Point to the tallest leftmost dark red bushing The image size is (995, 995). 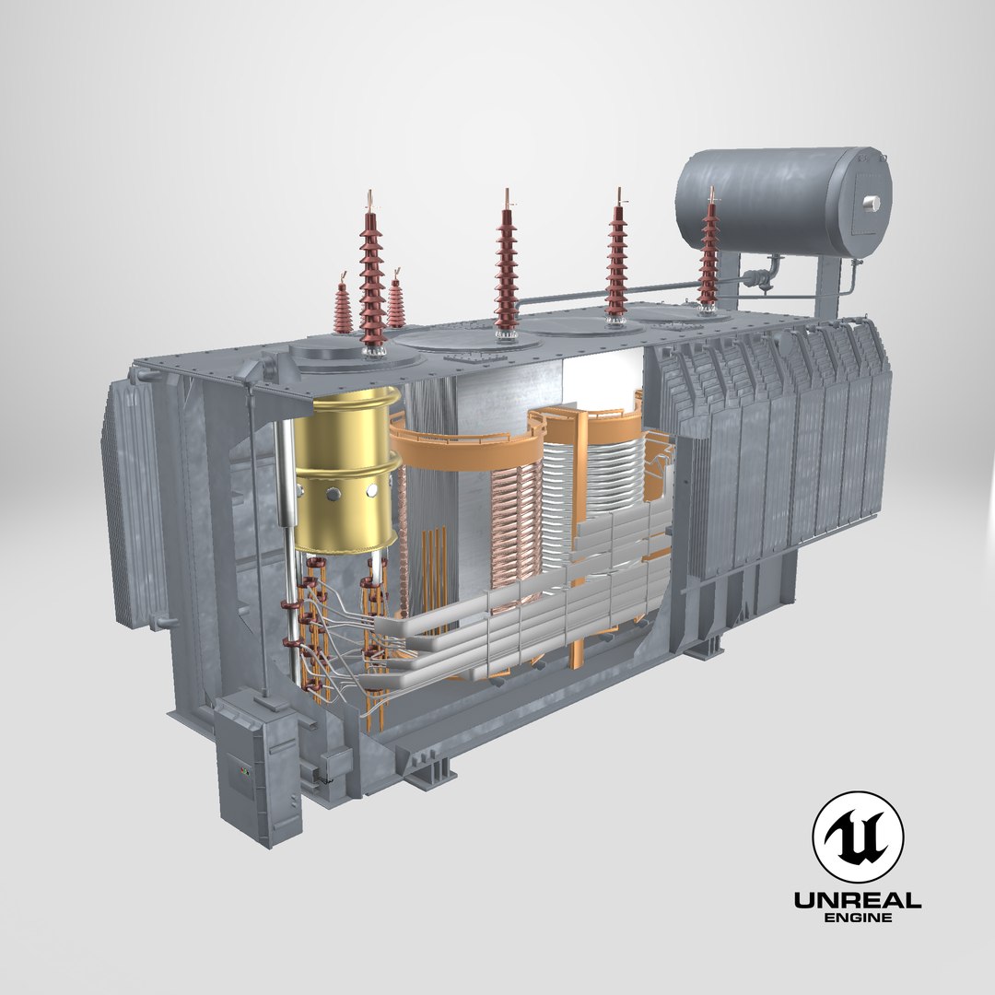click(x=372, y=276)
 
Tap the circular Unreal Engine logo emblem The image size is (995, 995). click(x=857, y=837)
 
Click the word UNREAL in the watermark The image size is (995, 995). click(x=857, y=901)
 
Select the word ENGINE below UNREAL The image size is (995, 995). click(x=857, y=918)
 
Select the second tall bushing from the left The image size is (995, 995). click(x=506, y=267)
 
